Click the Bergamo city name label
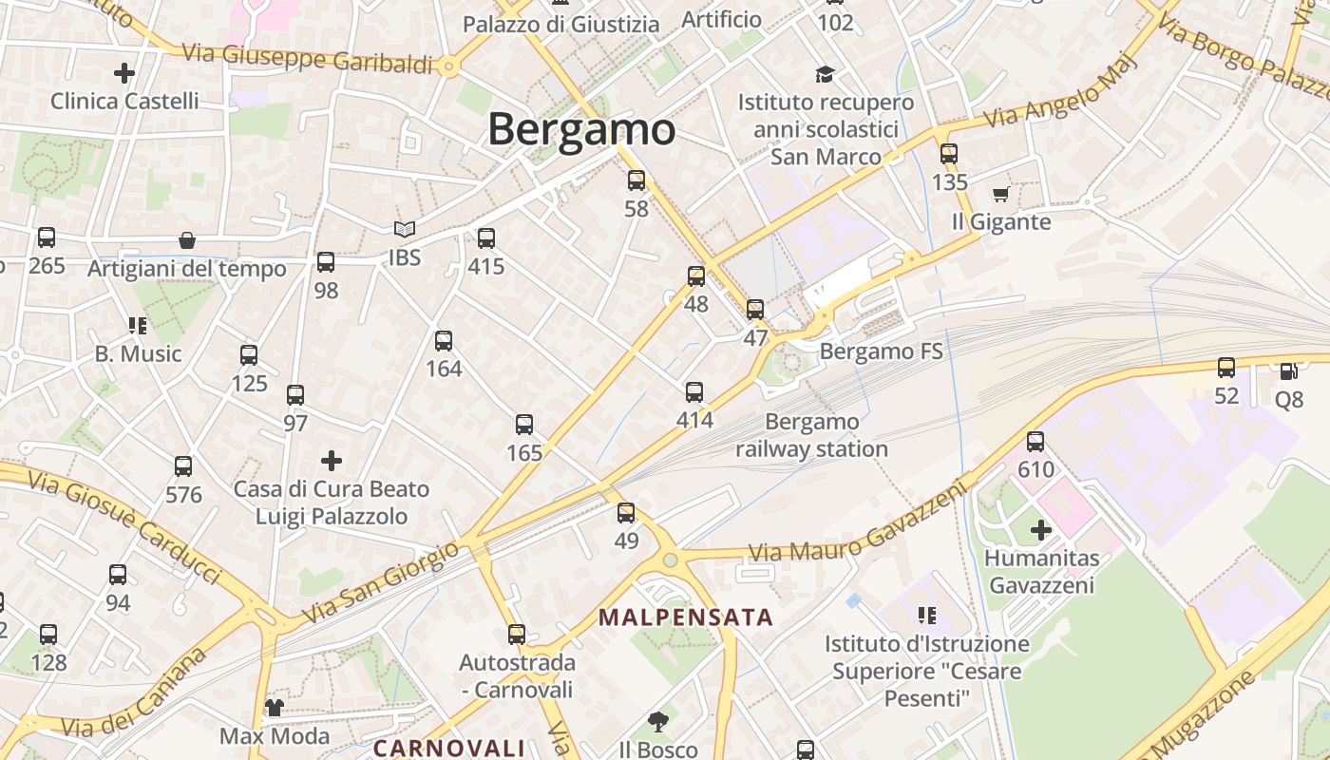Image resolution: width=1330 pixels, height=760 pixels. point(581,130)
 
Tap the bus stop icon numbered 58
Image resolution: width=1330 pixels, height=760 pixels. point(636,180)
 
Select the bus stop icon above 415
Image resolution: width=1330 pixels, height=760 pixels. point(486,237)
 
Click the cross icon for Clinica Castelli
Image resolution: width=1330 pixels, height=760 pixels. point(123,72)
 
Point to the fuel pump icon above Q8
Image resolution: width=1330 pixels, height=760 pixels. point(1288,371)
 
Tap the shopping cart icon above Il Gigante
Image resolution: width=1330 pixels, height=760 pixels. point(1000,195)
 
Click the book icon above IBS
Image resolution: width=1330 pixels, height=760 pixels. point(405,230)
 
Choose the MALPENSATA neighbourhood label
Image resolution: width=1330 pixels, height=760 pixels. point(686,617)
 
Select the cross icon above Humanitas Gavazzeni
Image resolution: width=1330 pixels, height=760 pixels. point(1041,529)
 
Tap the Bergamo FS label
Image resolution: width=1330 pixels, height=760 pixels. point(881,352)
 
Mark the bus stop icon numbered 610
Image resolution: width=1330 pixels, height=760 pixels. point(1035,442)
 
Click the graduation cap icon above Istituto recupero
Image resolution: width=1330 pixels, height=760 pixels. point(825,74)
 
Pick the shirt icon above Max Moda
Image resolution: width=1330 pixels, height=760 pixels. point(275,708)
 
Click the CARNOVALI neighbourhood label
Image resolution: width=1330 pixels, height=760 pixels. point(449,748)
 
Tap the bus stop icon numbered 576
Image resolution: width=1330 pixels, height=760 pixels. point(183,466)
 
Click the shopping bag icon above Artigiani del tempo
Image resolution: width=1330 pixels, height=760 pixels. point(187,241)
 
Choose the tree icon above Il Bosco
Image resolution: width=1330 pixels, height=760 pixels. point(657,721)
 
